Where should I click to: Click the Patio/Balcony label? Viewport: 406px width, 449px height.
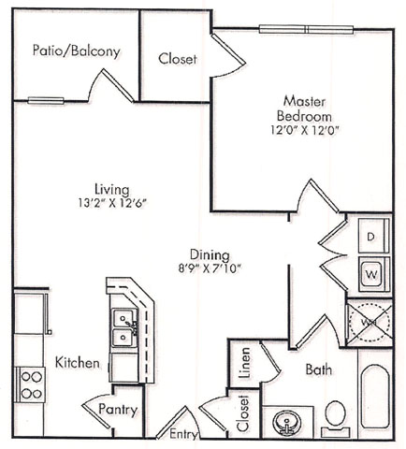[x=77, y=51]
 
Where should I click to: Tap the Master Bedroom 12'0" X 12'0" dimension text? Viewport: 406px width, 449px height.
[x=304, y=130]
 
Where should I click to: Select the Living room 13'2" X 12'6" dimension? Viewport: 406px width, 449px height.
[x=112, y=204]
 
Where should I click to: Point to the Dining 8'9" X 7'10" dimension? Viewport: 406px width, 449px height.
[x=210, y=268]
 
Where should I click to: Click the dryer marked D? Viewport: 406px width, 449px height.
[x=373, y=236]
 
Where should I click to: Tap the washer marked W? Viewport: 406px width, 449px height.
[x=373, y=274]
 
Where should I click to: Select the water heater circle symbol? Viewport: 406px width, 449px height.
[x=370, y=323]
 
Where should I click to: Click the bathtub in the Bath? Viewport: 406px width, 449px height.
[x=375, y=397]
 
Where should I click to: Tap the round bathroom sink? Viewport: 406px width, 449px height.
[x=286, y=423]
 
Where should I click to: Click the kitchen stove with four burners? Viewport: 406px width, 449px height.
[x=32, y=384]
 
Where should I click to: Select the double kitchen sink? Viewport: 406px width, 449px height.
[x=124, y=328]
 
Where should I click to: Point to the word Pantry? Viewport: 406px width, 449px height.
[x=118, y=410]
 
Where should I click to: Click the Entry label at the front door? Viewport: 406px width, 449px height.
[x=183, y=434]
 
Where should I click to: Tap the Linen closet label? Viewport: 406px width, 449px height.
[x=245, y=363]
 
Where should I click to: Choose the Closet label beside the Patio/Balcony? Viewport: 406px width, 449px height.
[x=178, y=59]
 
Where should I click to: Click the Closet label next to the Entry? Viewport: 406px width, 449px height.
[x=242, y=413]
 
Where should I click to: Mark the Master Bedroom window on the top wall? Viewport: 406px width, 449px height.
[x=306, y=30]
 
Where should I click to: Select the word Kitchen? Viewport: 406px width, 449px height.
[x=78, y=363]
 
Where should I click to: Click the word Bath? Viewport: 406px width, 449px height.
[x=319, y=369]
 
